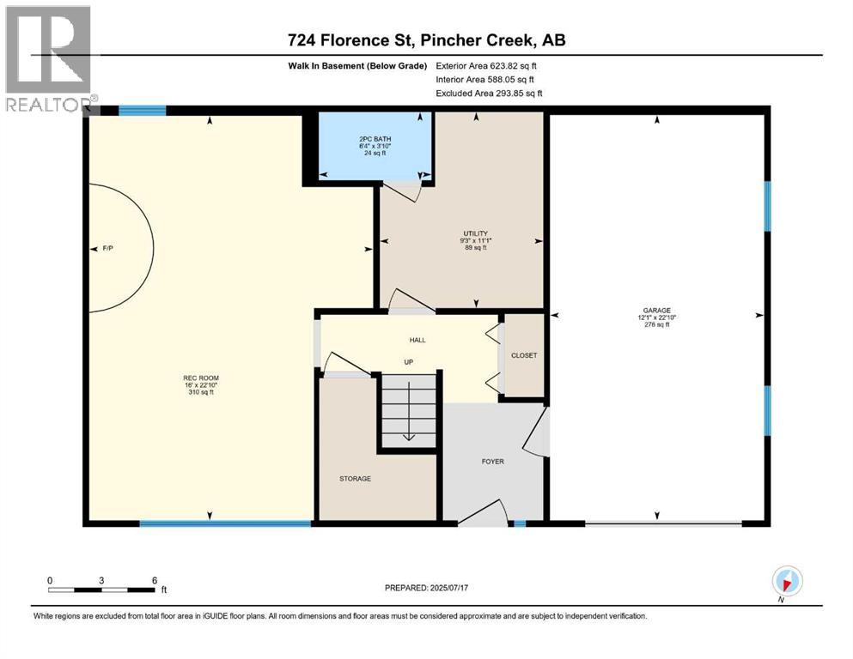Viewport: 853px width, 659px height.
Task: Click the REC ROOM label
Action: pos(199,377)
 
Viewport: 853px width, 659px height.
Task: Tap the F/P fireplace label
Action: pos(107,249)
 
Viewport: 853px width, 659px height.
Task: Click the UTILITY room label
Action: pos(474,233)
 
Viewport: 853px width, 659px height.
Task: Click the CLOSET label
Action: pos(523,355)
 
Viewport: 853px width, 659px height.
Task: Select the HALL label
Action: pos(417,340)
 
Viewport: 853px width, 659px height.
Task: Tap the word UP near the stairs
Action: pos(409,362)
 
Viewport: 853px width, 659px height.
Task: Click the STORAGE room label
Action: pos(355,478)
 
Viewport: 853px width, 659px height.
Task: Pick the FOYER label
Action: pos(492,462)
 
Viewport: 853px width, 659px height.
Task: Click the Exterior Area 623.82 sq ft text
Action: pos(487,65)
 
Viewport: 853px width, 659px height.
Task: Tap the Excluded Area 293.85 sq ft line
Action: pos(489,93)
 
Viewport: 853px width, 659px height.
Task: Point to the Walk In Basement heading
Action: pos(357,65)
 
